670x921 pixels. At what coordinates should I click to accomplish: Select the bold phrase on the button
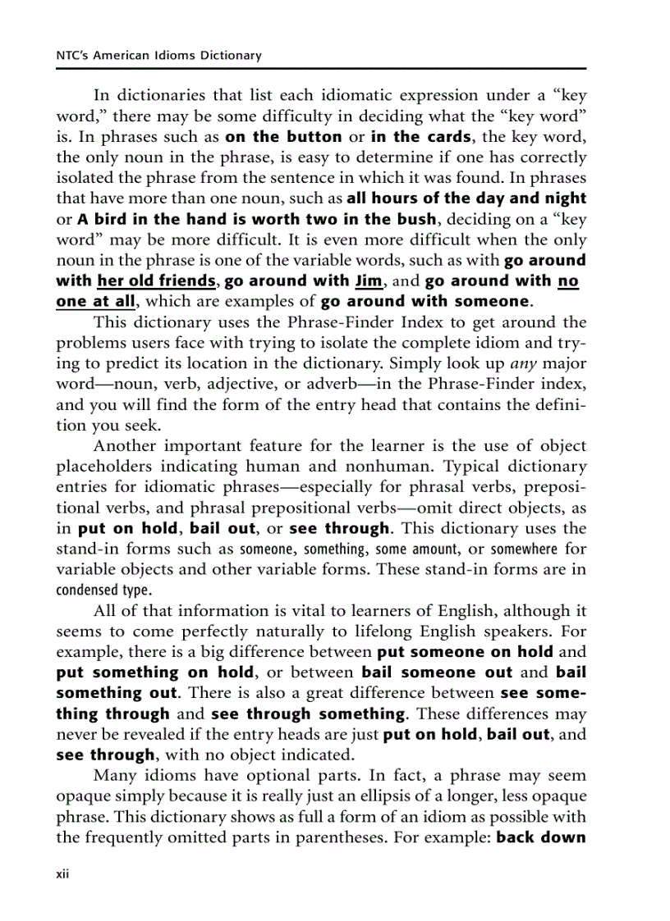(x=283, y=136)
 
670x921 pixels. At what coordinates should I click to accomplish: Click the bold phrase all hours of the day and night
(x=466, y=198)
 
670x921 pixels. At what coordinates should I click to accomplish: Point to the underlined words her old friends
(x=156, y=280)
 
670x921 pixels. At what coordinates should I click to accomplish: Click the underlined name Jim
(x=365, y=280)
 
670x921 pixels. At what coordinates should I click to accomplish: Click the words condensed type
(x=103, y=590)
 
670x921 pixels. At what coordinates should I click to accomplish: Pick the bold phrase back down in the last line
(x=541, y=837)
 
